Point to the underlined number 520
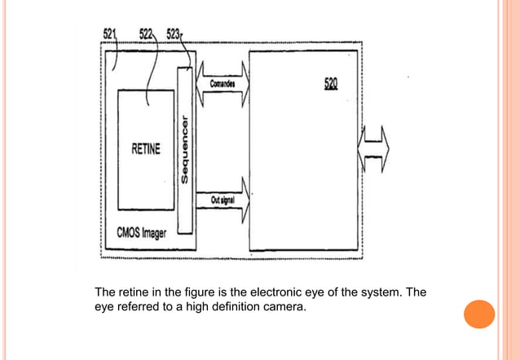click(330, 83)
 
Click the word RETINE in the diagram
click(146, 149)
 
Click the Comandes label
click(223, 85)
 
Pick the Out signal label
click(223, 199)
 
